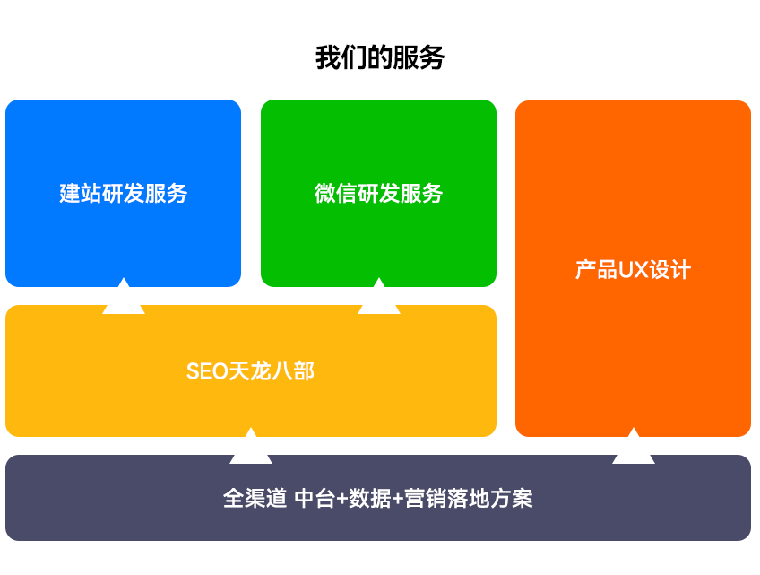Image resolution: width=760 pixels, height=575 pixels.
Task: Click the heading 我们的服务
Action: [x=379, y=57]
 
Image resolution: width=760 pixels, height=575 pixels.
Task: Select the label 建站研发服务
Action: [x=123, y=193]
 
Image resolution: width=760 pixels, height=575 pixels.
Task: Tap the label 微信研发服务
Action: [x=378, y=193]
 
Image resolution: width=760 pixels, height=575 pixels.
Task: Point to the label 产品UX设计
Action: [x=633, y=270]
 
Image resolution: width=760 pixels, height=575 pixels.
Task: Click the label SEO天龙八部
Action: [x=251, y=371]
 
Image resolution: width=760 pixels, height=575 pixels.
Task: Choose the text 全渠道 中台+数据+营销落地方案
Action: [x=378, y=499]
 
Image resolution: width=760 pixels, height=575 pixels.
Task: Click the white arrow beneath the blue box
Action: [x=124, y=296]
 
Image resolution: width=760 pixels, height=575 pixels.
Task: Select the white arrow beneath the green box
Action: [x=379, y=296]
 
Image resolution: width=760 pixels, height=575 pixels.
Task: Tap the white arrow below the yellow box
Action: [x=251, y=446]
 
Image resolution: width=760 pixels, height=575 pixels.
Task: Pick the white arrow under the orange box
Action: [x=634, y=446]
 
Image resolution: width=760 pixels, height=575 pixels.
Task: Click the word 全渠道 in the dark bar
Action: [x=255, y=499]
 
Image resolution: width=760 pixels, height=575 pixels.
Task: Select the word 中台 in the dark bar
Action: [x=315, y=499]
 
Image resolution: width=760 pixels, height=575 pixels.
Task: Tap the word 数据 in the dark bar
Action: [x=370, y=499]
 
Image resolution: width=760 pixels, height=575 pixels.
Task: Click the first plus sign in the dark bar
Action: [x=342, y=499]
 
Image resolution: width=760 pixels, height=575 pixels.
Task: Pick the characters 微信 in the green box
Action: [x=335, y=193]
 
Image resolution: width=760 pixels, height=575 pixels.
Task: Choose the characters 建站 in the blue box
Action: [x=81, y=193]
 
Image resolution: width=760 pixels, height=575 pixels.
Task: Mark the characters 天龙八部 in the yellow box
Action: [x=272, y=371]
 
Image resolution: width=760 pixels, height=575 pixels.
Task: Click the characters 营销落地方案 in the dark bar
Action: [x=469, y=499]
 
